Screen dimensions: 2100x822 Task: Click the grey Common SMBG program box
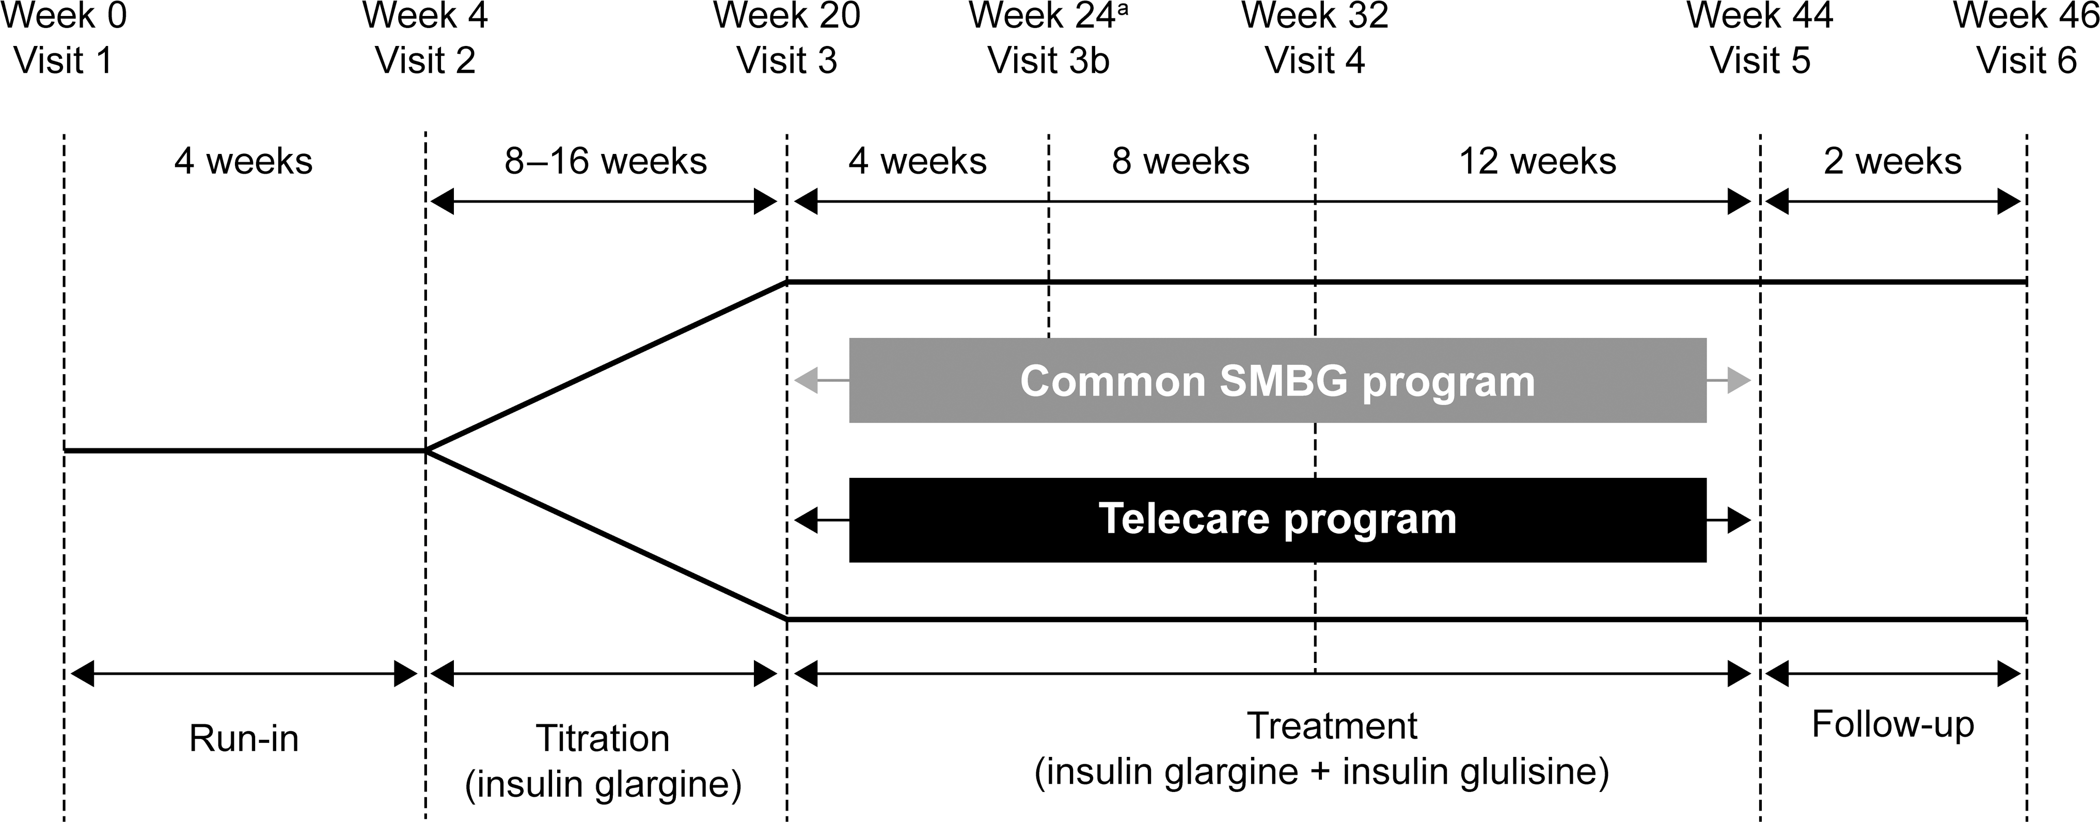(x=1277, y=380)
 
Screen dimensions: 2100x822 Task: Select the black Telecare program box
(x=1277, y=519)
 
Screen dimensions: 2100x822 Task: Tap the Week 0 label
(x=64, y=15)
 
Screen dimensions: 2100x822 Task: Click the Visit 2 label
(x=425, y=61)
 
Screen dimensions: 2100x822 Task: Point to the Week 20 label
(x=787, y=15)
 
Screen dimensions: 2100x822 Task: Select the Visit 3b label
(x=1048, y=61)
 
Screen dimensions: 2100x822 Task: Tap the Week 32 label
(x=1315, y=15)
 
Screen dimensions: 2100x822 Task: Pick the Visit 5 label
(x=1760, y=61)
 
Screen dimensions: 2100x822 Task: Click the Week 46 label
(x=2026, y=15)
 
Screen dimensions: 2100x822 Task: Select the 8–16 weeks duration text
(x=606, y=162)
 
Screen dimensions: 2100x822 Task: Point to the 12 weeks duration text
(x=1538, y=162)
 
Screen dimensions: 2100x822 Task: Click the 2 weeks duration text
(x=1893, y=162)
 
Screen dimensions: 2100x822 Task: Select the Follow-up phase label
(x=1893, y=725)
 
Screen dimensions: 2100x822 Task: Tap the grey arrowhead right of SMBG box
(x=1738, y=380)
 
